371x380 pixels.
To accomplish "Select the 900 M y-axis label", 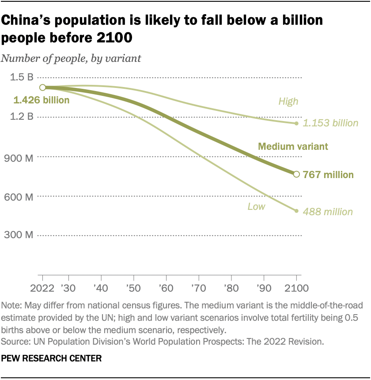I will coord(20,157).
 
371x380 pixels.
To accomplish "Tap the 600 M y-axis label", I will coord(20,196).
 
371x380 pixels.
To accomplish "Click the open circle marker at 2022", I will coord(42,87).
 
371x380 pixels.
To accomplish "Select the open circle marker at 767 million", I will coord(296,174).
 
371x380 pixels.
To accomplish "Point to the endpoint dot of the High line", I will coord(296,123).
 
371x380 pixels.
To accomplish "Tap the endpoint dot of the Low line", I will coord(296,211).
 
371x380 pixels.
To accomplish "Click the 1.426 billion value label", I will coord(42,100).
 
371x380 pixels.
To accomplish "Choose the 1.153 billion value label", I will coord(330,123).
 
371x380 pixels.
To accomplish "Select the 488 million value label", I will coord(328,212).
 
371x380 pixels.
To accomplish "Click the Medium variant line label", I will coord(293,147).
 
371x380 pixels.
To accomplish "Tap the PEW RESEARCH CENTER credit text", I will coord(52,358).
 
